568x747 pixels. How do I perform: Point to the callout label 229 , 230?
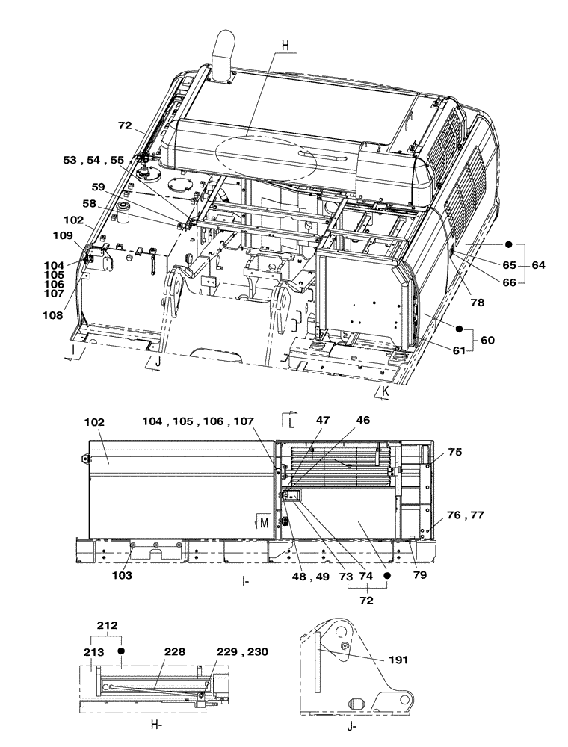[x=241, y=652]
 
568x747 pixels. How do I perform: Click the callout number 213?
[x=93, y=652]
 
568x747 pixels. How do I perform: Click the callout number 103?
[x=122, y=576]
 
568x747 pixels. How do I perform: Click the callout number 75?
[x=456, y=453]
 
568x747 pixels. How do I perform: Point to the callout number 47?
[x=322, y=421]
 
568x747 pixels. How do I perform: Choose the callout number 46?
[x=362, y=421]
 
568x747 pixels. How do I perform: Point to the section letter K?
[x=385, y=391]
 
